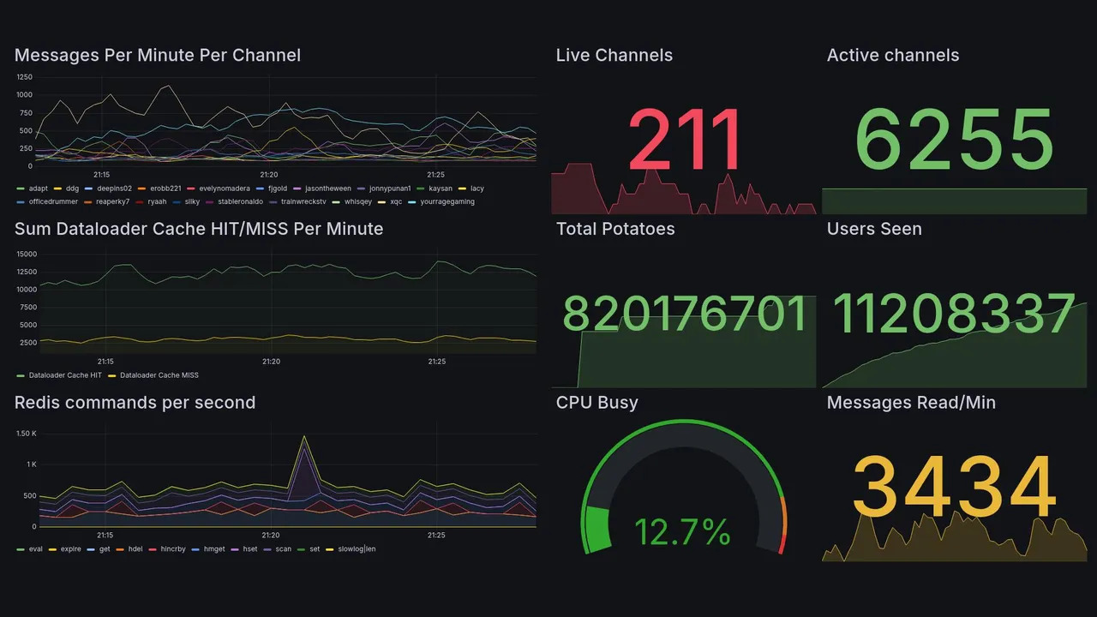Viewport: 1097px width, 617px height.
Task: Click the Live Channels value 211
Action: tap(685, 140)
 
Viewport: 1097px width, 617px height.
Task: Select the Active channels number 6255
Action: tap(954, 140)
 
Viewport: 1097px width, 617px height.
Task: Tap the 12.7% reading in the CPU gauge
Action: tap(682, 532)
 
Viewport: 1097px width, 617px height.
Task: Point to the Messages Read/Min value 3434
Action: tap(954, 487)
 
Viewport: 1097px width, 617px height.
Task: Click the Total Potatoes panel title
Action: tap(615, 229)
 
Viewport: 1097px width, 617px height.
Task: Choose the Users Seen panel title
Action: tap(874, 229)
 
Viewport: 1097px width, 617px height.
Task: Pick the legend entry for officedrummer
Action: tap(48, 202)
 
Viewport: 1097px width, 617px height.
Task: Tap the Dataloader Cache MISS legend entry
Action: tap(153, 375)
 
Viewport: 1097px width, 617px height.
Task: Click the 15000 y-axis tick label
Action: tap(26, 254)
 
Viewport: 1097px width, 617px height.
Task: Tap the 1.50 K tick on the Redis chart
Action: tap(26, 434)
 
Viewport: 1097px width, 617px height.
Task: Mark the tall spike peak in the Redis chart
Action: tap(303, 436)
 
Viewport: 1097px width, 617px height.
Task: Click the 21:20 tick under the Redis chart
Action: tap(271, 536)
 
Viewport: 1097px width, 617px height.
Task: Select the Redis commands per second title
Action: tap(135, 403)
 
